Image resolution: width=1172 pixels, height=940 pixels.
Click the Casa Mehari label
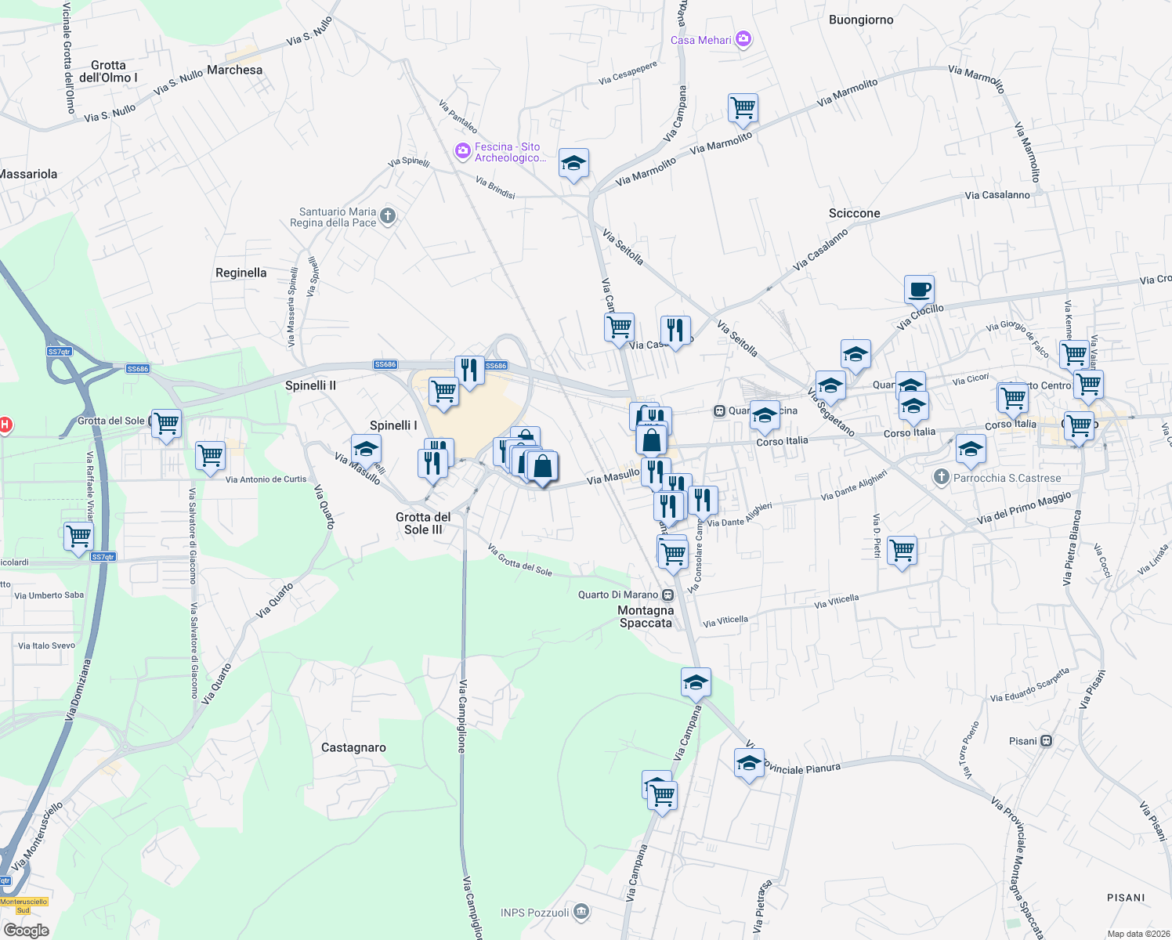tap(701, 40)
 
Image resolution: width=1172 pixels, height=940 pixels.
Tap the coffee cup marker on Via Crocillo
tap(919, 290)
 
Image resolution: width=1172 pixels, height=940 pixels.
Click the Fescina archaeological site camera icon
tap(462, 149)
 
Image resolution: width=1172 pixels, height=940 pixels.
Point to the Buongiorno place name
tap(861, 20)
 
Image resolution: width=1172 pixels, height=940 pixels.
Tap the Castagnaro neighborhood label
tap(353, 747)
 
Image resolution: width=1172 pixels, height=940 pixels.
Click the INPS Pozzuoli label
tap(535, 913)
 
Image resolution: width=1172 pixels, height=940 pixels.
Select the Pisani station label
tap(1023, 741)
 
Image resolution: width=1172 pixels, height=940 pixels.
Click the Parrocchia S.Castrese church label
tap(1007, 478)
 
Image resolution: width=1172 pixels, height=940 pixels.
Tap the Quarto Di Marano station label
tap(618, 595)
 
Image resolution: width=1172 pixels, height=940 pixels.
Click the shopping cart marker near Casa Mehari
tap(742, 108)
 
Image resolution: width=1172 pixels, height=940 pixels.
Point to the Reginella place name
tap(241, 273)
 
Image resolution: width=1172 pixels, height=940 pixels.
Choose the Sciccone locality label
tap(854, 213)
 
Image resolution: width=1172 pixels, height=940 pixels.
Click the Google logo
tap(26, 930)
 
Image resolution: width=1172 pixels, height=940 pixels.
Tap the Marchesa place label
tap(234, 70)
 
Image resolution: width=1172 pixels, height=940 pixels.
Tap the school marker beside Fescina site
tap(573, 164)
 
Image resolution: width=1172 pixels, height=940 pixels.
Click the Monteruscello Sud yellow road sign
tap(24, 906)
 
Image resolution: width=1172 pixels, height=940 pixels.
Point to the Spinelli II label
tap(310, 385)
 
